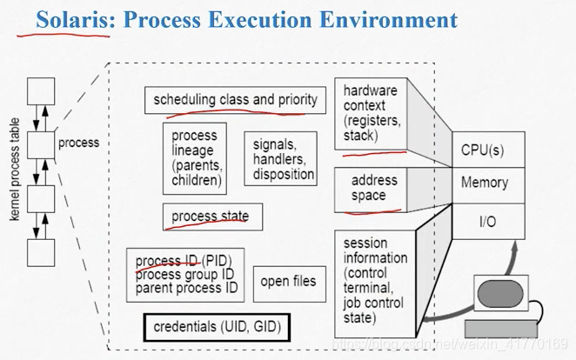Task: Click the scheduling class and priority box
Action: pyautogui.click(x=235, y=100)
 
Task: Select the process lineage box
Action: pyautogui.click(x=195, y=158)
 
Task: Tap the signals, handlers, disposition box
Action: pyautogui.click(x=281, y=158)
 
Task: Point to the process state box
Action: pyautogui.click(x=212, y=217)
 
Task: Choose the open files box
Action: pyautogui.click(x=290, y=284)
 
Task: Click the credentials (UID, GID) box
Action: pyautogui.click(x=218, y=327)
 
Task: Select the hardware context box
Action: pyautogui.click(x=371, y=114)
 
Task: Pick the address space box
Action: pyautogui.click(x=371, y=190)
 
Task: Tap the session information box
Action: pyautogui.click(x=375, y=284)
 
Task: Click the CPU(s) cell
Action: pyautogui.click(x=489, y=150)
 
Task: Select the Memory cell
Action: pyautogui.click(x=489, y=185)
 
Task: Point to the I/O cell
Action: pyautogui.click(x=489, y=221)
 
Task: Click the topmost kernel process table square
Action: pyautogui.click(x=41, y=91)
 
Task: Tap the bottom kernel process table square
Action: pyautogui.click(x=41, y=253)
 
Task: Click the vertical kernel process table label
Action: pyautogui.click(x=14, y=170)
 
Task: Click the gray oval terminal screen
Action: pyautogui.click(x=500, y=294)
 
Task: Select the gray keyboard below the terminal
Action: pyautogui.click(x=501, y=329)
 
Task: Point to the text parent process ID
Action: pyautogui.click(x=186, y=288)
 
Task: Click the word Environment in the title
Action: pyautogui.click(x=388, y=20)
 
